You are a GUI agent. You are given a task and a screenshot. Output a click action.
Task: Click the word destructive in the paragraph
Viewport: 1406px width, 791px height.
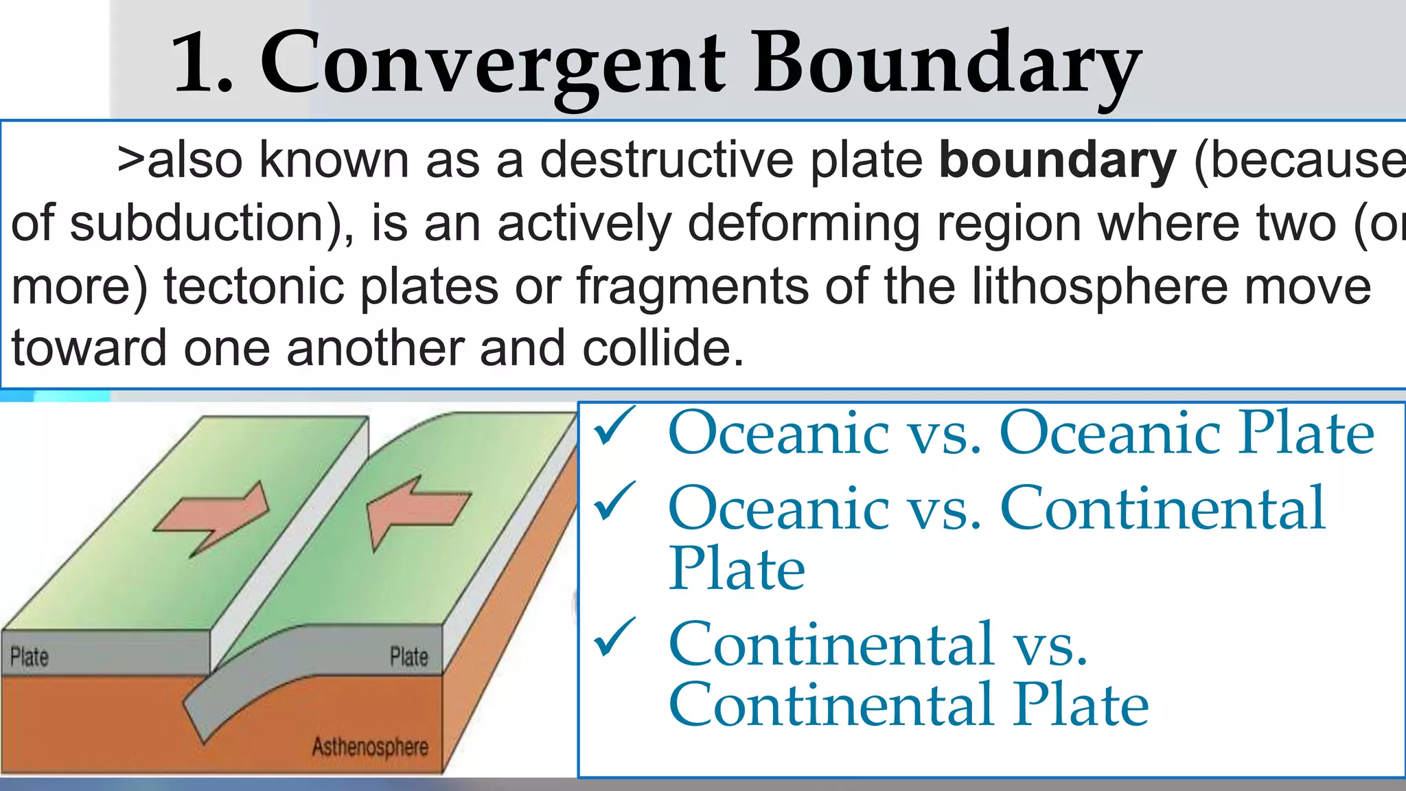click(666, 160)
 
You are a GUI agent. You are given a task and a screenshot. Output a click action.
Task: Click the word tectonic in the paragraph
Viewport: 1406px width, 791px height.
click(254, 286)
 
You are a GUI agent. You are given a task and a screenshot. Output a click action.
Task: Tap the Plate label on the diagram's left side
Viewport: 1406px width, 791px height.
click(30, 657)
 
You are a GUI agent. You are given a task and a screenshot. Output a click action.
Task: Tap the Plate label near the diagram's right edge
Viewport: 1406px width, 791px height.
click(409, 657)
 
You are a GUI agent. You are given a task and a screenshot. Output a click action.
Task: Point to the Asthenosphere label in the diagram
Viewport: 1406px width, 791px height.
click(370, 747)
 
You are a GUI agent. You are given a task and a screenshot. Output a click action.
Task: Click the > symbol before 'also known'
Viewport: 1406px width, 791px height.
click(130, 161)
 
